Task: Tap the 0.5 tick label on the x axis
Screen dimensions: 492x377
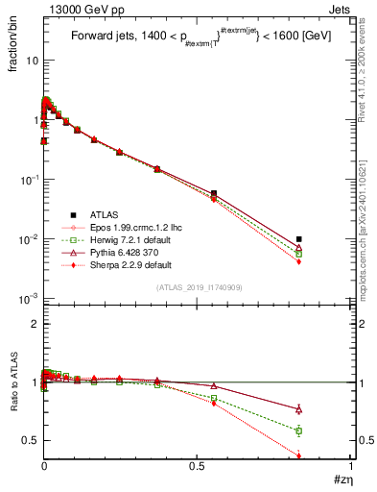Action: (198, 465)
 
